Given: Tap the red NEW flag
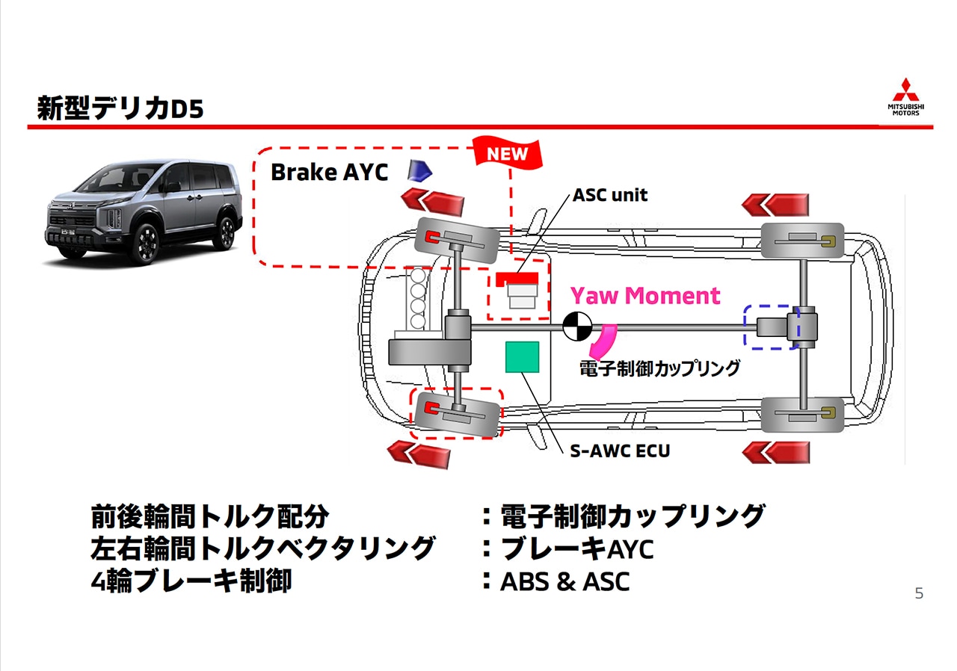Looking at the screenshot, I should [508, 154].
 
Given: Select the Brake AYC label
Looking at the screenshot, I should [329, 173].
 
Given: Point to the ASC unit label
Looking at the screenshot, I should [610, 196].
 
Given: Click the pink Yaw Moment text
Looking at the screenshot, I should [645, 295].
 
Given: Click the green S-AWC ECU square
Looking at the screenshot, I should [523, 356].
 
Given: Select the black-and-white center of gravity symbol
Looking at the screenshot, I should [576, 326].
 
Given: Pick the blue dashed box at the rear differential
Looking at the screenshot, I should [772, 327].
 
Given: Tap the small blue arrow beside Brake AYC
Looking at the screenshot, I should [419, 172].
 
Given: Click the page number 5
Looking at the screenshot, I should [919, 594].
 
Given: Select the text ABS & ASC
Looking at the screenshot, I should [564, 581].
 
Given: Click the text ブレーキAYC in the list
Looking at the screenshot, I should [577, 549].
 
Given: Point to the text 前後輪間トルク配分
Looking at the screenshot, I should [209, 516].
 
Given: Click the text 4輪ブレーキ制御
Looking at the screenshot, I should [191, 581].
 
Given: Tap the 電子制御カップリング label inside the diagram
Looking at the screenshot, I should [660, 368].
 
